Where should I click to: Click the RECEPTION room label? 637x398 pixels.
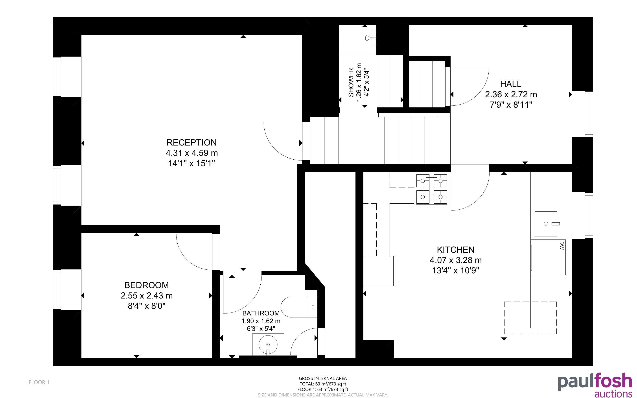click(x=191, y=142)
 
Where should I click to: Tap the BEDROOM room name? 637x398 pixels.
click(x=147, y=285)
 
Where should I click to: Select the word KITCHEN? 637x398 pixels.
click(x=455, y=250)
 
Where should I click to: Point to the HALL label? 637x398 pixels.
click(x=510, y=84)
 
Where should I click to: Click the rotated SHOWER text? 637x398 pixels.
click(x=351, y=82)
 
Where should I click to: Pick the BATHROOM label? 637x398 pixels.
click(x=261, y=313)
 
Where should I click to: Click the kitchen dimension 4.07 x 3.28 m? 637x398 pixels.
click(x=455, y=260)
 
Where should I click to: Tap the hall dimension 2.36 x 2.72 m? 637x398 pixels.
click(x=511, y=94)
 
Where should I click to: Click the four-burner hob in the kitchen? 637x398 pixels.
click(x=431, y=189)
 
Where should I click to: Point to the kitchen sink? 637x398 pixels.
click(x=546, y=224)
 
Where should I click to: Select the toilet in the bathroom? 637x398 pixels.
click(x=299, y=307)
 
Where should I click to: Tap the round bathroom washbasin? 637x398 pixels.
click(x=268, y=345)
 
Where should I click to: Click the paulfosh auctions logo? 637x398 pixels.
click(x=595, y=385)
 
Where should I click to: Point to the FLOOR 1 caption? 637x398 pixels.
click(x=39, y=382)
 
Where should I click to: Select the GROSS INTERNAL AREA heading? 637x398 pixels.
click(x=323, y=379)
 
